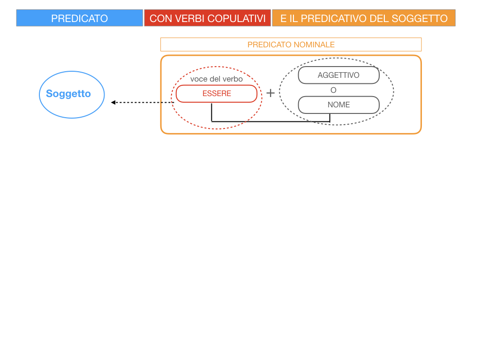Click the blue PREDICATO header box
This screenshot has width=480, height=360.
[x=79, y=18]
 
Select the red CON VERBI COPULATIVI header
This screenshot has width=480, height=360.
[x=207, y=18]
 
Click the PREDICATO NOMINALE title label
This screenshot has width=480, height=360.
[x=291, y=45]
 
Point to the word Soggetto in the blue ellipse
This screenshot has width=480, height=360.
[x=68, y=94]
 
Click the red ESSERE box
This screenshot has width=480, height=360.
[x=217, y=94]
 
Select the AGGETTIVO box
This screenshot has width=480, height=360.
[x=338, y=75]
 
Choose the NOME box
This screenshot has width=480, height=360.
[x=338, y=105]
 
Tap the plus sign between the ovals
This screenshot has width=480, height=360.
[x=270, y=93]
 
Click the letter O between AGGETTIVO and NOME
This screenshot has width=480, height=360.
[x=333, y=90]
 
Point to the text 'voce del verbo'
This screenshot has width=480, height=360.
[x=217, y=79]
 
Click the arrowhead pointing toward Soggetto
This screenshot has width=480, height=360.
[x=113, y=102]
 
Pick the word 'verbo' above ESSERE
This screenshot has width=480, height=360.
[x=233, y=79]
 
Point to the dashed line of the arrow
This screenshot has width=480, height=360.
[x=145, y=102]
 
